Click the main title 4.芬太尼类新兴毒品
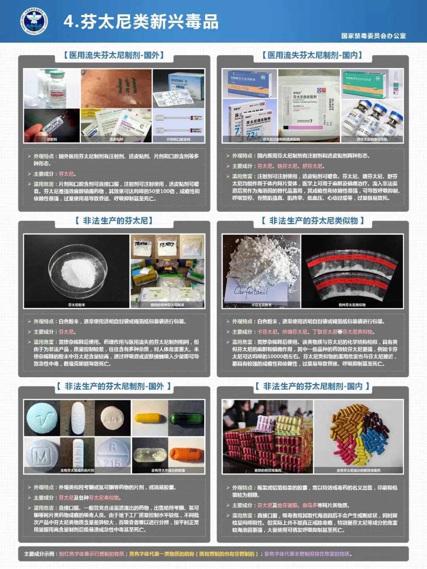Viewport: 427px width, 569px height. tap(141, 22)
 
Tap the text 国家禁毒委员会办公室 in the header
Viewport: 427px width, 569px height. tap(373, 36)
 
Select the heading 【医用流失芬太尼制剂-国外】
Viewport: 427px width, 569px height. tap(114, 55)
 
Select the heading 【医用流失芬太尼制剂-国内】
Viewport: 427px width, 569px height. tap(312, 55)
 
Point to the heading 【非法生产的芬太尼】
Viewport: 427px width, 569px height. tap(114, 221)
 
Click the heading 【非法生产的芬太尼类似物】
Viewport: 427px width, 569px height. tap(312, 221)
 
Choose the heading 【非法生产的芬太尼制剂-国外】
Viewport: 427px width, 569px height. tap(114, 386)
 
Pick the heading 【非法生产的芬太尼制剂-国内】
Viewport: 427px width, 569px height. tap(312, 386)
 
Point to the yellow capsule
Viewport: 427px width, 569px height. tap(149, 418)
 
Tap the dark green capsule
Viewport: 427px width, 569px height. tap(186, 418)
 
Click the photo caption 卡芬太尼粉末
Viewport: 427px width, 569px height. tap(261, 305)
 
